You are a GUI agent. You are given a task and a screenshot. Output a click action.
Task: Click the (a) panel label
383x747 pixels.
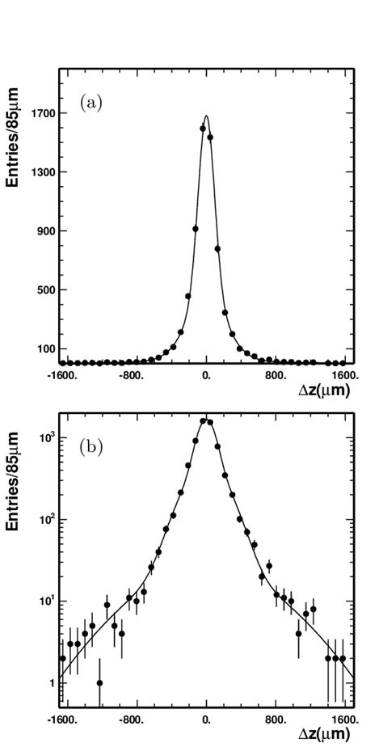tap(90, 103)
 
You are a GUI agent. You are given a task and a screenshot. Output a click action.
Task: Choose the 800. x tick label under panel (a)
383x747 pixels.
tap(276, 375)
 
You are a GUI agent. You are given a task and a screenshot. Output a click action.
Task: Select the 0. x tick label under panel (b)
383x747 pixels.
tap(207, 718)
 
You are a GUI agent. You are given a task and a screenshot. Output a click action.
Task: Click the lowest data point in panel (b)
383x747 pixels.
tap(99, 683)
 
